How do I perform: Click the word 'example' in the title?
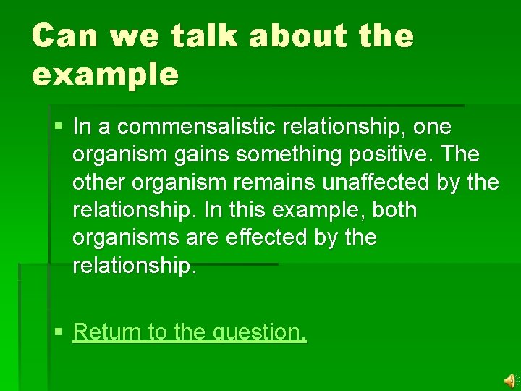click(104, 75)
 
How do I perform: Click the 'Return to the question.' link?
click(190, 332)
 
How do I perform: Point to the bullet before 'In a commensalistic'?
click(58, 127)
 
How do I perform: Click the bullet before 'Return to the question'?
click(58, 332)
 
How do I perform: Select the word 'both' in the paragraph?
click(391, 210)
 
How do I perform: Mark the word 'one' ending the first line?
click(432, 127)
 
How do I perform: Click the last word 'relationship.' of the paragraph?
click(134, 265)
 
